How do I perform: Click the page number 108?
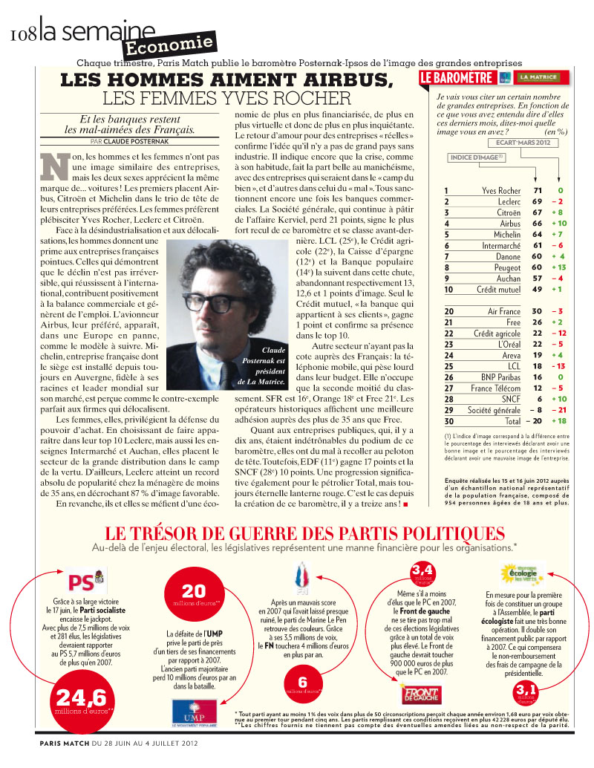point(24,34)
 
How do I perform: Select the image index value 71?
point(538,191)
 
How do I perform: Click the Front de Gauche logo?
point(422,694)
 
